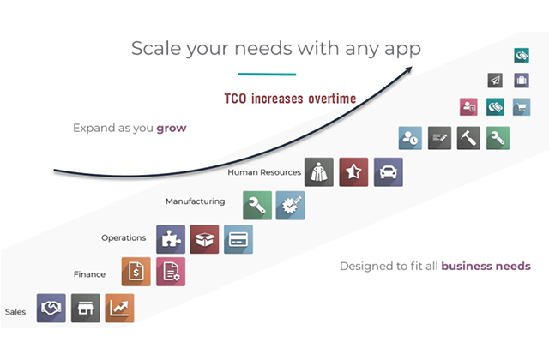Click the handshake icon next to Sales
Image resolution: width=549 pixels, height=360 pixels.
pyautogui.click(x=51, y=308)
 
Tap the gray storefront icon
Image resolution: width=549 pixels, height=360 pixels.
pyautogui.click(x=86, y=308)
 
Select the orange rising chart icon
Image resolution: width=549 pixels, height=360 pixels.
pyautogui.click(x=119, y=308)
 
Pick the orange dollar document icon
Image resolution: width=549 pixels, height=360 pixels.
pyautogui.click(x=136, y=272)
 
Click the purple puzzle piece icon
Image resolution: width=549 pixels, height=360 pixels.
pyautogui.click(x=171, y=239)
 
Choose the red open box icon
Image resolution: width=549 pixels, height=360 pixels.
pyautogui.click(x=204, y=239)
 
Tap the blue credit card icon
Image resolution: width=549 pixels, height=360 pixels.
pyautogui.click(x=238, y=239)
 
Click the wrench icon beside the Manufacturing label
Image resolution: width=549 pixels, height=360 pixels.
pyautogui.click(x=257, y=206)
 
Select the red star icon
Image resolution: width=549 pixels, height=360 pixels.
pyautogui.click(x=353, y=171)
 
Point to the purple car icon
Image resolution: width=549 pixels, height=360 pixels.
pyautogui.click(x=389, y=171)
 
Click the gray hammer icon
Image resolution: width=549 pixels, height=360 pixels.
pyautogui.click(x=468, y=138)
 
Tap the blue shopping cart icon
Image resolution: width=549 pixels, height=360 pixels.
pyautogui.click(x=522, y=107)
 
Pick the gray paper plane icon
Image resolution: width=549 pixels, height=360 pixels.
pyautogui.click(x=495, y=81)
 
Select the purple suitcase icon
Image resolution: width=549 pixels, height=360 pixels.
pyautogui.click(x=522, y=81)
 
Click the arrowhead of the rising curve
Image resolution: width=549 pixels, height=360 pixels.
pyautogui.click(x=409, y=69)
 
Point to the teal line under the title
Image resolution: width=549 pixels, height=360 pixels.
pyautogui.click(x=267, y=75)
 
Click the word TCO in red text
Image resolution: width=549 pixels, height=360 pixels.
pyautogui.click(x=235, y=99)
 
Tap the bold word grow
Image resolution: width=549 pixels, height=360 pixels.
pyautogui.click(x=172, y=129)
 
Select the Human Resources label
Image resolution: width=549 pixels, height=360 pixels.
pyautogui.click(x=264, y=172)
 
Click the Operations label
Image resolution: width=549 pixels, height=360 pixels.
pyautogui.click(x=124, y=238)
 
